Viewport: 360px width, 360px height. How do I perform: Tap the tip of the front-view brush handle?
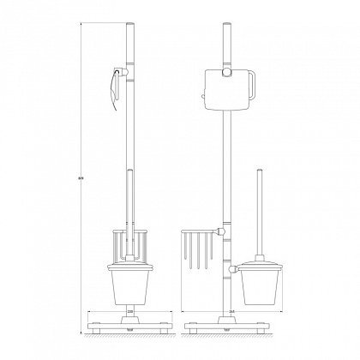tap(259, 172)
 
